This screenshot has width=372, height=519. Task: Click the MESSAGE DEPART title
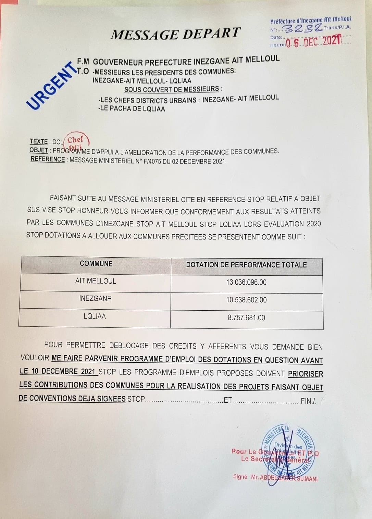(x=176, y=34)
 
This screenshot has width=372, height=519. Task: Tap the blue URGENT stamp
(x=51, y=86)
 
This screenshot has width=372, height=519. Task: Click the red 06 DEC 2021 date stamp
(x=313, y=42)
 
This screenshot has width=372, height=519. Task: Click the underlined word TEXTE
(x=39, y=141)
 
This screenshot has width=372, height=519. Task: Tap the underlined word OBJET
(x=39, y=150)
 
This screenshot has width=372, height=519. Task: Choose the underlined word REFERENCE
(x=48, y=159)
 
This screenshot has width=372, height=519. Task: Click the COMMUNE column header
(x=96, y=263)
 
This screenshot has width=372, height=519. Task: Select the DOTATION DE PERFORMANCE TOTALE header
(x=246, y=265)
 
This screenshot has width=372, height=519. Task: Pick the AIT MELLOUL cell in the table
(x=96, y=281)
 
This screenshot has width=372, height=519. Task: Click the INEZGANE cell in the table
(x=95, y=299)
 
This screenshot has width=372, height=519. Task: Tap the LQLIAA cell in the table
(x=95, y=316)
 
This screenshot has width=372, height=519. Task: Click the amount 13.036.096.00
(x=246, y=282)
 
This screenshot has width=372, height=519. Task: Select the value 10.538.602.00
(x=246, y=300)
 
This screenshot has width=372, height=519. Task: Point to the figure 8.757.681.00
(x=246, y=318)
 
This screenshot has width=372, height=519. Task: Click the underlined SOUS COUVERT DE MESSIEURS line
(x=172, y=90)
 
